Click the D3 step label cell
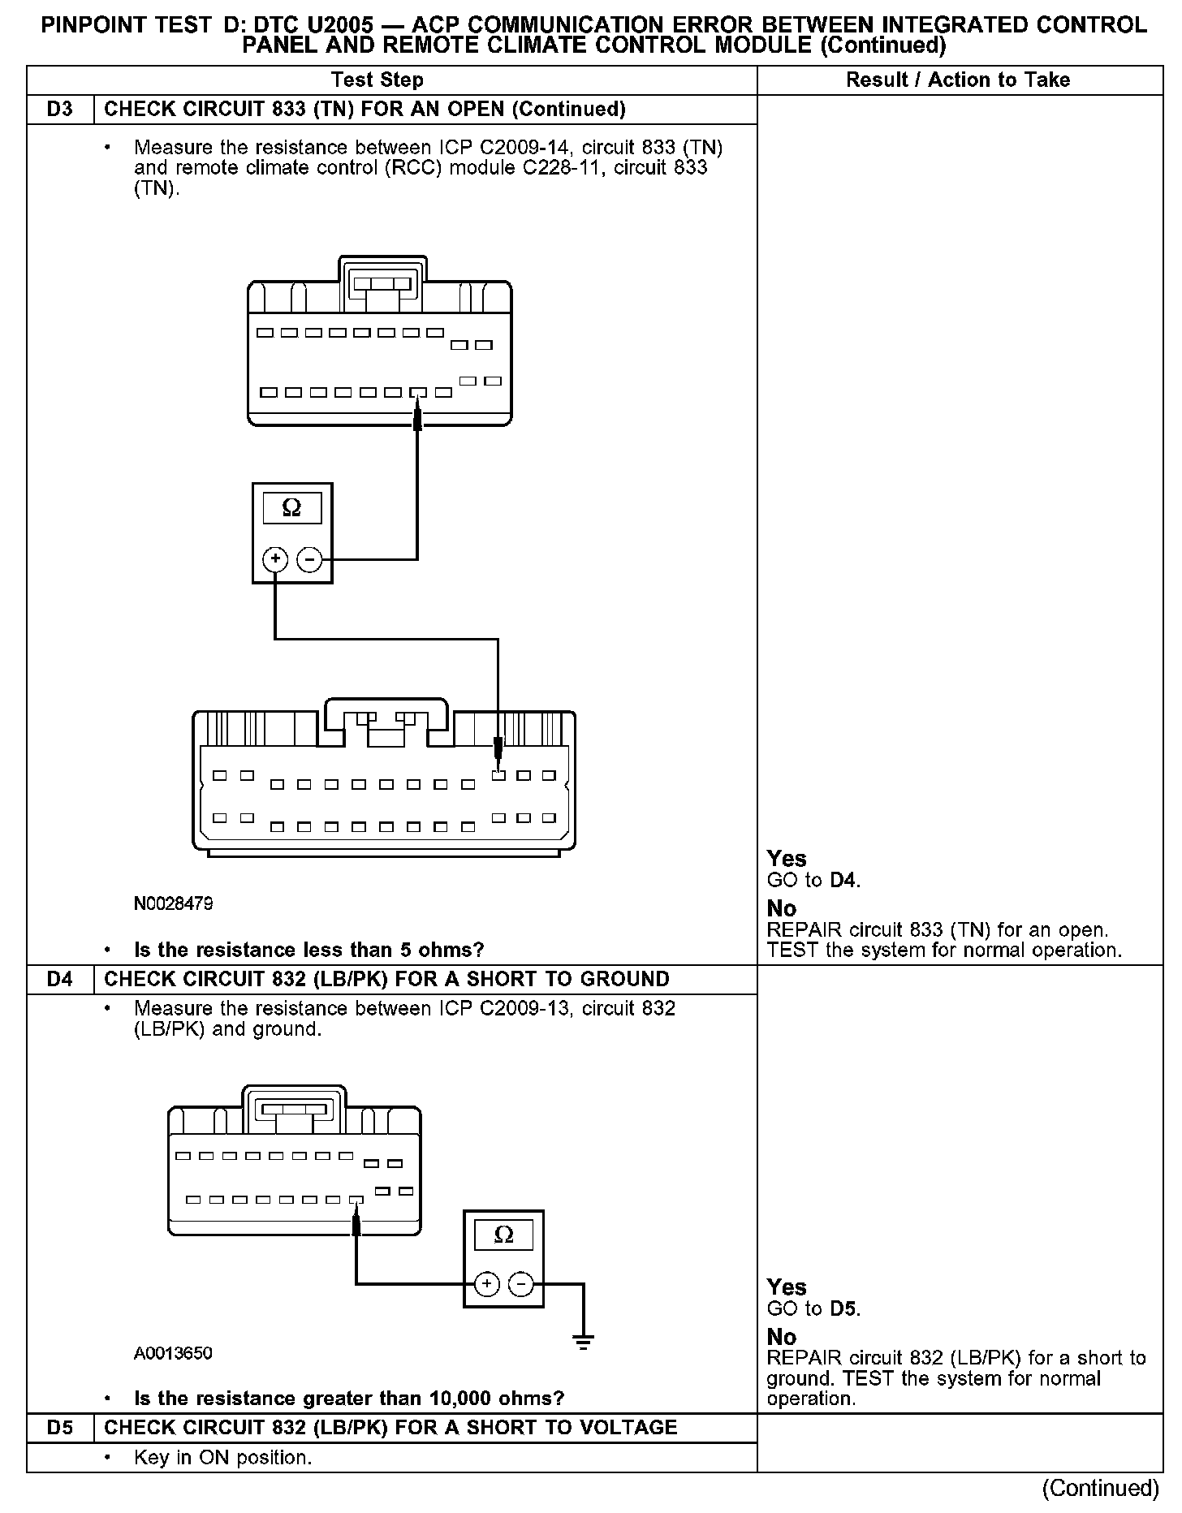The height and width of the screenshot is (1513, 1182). point(60,110)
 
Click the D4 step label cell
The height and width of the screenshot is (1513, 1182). point(60,980)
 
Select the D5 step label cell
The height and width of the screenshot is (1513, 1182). point(60,1428)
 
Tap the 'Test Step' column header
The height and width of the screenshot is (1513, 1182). point(377,80)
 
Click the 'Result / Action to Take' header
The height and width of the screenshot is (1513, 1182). point(958,80)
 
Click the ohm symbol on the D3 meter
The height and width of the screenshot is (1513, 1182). point(291,509)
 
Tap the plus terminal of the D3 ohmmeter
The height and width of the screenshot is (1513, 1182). point(275,559)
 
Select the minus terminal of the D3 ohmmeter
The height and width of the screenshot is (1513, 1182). point(309,559)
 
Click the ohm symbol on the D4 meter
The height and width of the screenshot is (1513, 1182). point(503,1235)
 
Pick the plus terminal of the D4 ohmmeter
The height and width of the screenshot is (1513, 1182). point(486,1284)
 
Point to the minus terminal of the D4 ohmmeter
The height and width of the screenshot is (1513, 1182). point(520,1284)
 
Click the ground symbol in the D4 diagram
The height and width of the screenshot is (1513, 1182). point(583,1340)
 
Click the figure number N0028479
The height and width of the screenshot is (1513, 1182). point(173,903)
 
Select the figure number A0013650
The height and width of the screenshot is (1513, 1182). point(173,1353)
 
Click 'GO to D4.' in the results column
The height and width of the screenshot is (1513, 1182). point(813,881)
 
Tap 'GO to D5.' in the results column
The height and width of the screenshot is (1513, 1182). point(813,1309)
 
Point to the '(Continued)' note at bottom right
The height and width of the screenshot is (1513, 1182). point(1100,1488)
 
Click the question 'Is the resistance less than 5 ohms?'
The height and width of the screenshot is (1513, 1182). point(308,950)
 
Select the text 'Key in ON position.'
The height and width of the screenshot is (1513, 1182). point(222,1458)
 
